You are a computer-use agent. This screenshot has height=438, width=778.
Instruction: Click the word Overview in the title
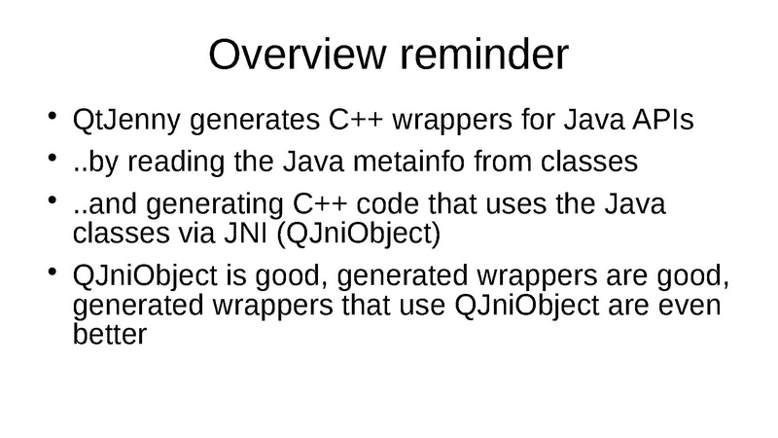point(298,55)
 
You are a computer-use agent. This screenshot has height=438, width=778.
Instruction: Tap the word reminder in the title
point(483,55)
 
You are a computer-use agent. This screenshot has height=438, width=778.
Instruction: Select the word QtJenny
point(126,121)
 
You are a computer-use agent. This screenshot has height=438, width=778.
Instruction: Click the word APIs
point(662,120)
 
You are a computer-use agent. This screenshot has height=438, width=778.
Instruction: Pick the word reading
point(176,163)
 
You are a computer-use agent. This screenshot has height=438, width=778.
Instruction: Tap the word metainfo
point(408,162)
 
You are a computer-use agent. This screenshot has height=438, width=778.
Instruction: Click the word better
point(110,334)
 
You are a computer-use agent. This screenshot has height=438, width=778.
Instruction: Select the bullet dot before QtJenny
point(53,116)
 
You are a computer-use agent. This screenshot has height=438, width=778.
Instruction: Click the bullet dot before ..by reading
point(53,158)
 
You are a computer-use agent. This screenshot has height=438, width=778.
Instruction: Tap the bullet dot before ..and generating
point(53,201)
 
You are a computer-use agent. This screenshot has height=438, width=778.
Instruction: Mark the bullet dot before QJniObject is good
point(53,272)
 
